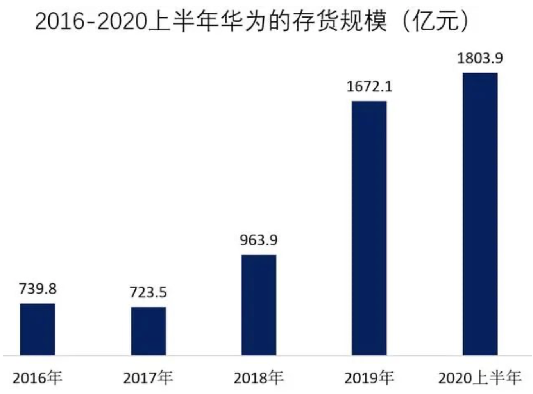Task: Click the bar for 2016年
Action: pos(38,329)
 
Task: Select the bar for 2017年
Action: pos(148,331)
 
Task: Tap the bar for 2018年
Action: pos(259,305)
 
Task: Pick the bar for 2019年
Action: pos(369,228)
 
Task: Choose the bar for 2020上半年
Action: pos(480,214)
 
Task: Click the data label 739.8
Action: pos(38,289)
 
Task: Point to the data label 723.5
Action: pos(148,292)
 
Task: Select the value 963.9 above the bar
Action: pos(259,240)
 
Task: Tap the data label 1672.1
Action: pos(369,86)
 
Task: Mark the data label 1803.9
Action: pos(480,58)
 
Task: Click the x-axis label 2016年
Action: pos(38,378)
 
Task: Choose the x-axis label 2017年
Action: pos(148,378)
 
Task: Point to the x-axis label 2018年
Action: pos(259,378)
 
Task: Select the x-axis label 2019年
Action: pos(369,378)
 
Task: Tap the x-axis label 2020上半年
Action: pos(480,378)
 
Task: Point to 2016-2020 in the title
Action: pos(91,21)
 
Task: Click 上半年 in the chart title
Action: pos(184,21)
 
